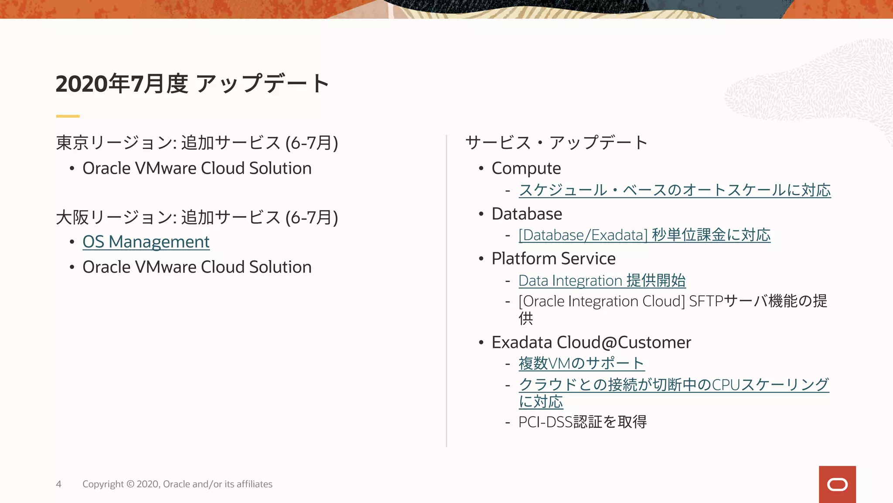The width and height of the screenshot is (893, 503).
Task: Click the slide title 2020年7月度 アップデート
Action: (x=192, y=83)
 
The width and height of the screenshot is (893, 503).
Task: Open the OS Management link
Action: (x=146, y=241)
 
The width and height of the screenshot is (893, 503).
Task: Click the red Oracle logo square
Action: (x=837, y=484)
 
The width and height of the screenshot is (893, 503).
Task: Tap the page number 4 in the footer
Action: (x=58, y=484)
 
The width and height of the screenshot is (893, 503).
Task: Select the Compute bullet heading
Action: (x=526, y=169)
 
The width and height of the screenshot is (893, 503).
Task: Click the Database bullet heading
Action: (x=527, y=214)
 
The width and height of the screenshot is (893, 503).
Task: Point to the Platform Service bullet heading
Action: (x=553, y=258)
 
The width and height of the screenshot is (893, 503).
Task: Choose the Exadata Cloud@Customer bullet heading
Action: (x=591, y=342)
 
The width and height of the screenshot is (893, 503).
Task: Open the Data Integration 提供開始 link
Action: (x=602, y=280)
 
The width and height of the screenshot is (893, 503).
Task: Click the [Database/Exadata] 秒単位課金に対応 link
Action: (x=644, y=235)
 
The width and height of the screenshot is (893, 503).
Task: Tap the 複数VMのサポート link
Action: (x=581, y=363)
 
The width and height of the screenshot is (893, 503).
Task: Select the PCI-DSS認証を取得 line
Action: (x=582, y=422)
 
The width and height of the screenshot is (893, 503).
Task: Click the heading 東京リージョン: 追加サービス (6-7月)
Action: (x=197, y=143)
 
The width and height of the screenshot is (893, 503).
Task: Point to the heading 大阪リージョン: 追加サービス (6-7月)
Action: (x=197, y=217)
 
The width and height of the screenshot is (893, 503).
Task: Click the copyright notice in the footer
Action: (x=177, y=484)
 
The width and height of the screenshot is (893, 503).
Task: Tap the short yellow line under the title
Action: (x=68, y=116)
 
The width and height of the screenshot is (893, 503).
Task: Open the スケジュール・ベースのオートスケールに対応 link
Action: (x=675, y=190)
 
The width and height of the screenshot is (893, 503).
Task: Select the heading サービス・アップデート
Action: (x=556, y=143)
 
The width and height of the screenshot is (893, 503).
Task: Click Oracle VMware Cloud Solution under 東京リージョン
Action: (x=197, y=169)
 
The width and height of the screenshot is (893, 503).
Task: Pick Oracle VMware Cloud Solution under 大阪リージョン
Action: (x=197, y=267)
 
